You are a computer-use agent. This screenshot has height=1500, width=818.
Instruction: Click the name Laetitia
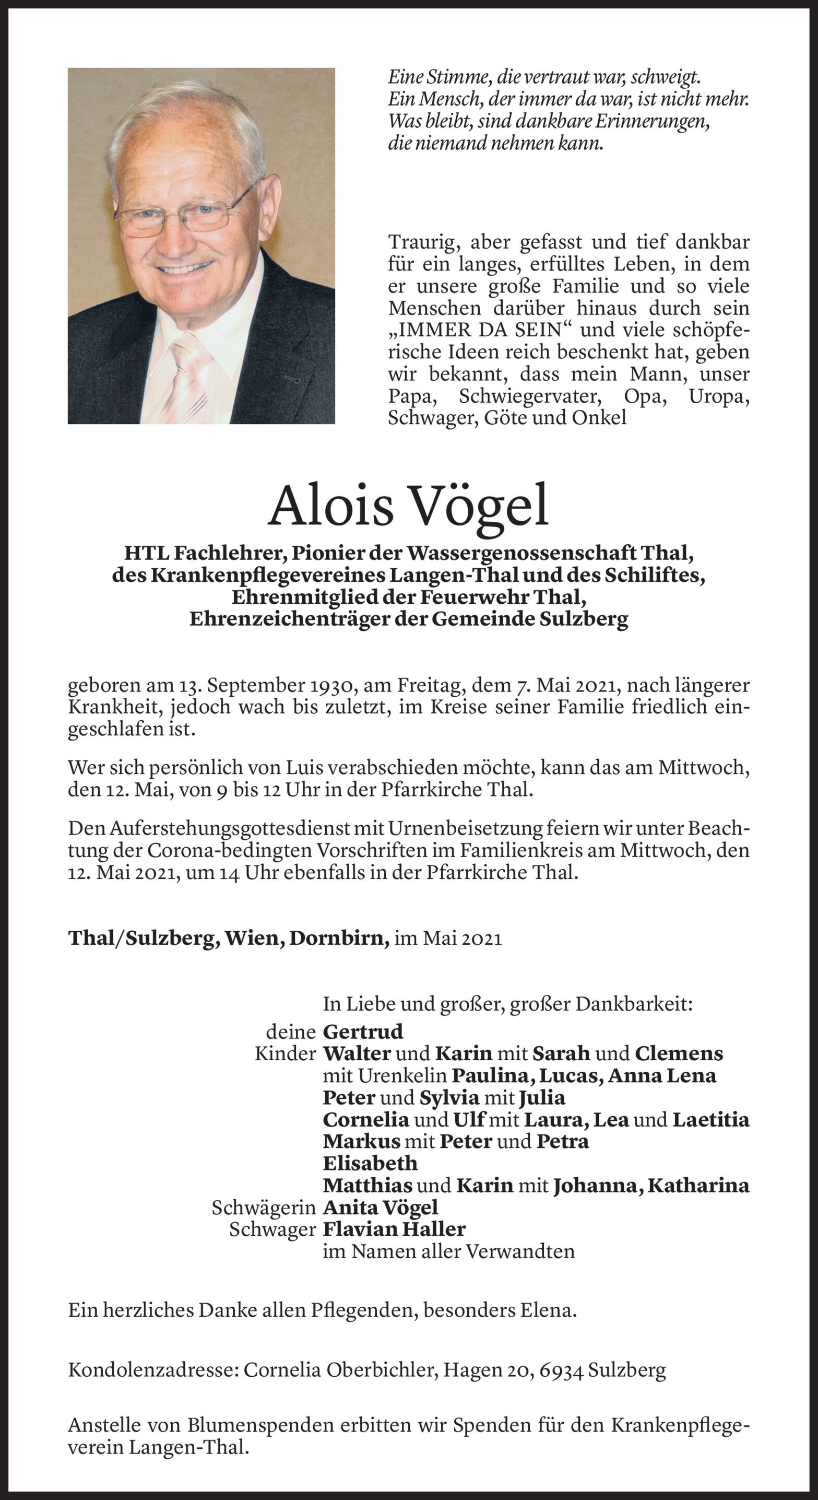pyautogui.click(x=711, y=1119)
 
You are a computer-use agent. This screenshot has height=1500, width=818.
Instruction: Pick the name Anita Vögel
pyautogui.click(x=380, y=1207)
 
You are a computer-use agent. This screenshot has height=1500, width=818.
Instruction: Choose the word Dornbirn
pyautogui.click(x=339, y=938)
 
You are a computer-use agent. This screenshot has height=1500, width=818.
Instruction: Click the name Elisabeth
pyautogui.click(x=370, y=1163)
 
